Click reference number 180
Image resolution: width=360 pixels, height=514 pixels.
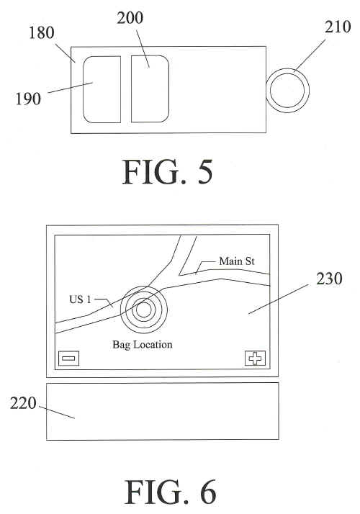pyautogui.click(x=42, y=33)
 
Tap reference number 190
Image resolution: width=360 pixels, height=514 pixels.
pyautogui.click(x=28, y=99)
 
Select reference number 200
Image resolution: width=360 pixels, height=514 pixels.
pyautogui.click(x=130, y=18)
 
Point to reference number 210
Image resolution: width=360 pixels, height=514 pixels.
pyautogui.click(x=338, y=27)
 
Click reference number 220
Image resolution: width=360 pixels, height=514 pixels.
pyautogui.click(x=23, y=403)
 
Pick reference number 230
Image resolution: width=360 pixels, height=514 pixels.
pyautogui.click(x=329, y=279)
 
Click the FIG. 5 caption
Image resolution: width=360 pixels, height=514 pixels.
pyautogui.click(x=168, y=173)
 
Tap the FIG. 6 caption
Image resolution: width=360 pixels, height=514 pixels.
pyautogui.click(x=170, y=492)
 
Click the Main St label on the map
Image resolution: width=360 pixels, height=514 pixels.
pyautogui.click(x=237, y=261)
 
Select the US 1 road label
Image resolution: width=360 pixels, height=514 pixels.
pyautogui.click(x=80, y=299)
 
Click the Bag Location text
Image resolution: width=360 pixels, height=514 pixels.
pyautogui.click(x=143, y=345)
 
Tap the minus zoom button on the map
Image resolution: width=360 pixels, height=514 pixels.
pyautogui.click(x=68, y=359)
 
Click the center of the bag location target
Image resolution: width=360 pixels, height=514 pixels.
pyautogui.click(x=143, y=309)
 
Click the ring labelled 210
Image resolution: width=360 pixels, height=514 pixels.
pyautogui.click(x=287, y=69)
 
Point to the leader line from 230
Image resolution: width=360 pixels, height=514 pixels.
pyautogui.click(x=278, y=299)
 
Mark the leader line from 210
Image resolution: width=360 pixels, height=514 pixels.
pyautogui.click(x=310, y=55)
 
